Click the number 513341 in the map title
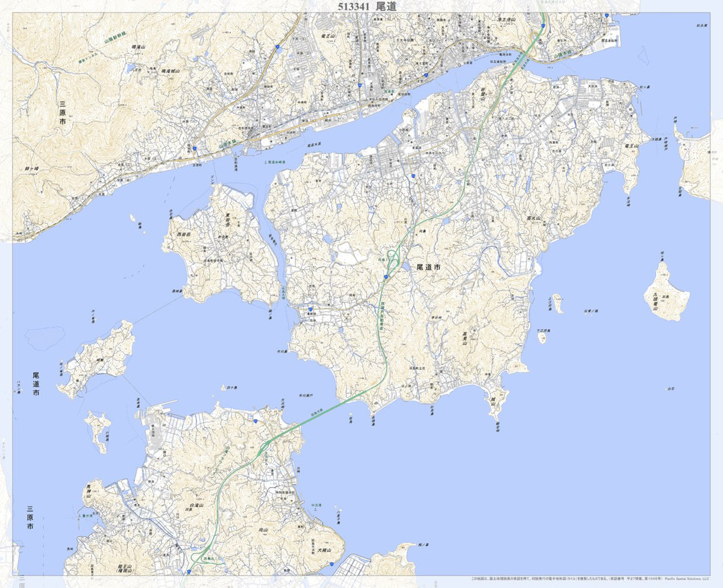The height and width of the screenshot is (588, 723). point(349,6)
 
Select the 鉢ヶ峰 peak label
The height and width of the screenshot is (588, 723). point(32,169)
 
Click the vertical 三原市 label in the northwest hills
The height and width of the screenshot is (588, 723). point(62,113)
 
